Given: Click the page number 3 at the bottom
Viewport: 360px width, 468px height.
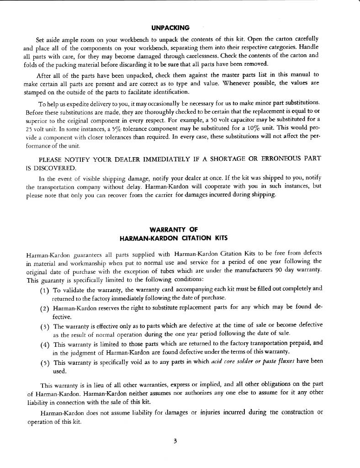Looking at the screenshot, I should coord(175,441).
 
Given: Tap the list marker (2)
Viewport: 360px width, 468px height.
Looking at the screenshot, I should coord(45,308).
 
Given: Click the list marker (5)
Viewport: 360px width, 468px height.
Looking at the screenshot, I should coord(45,362).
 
